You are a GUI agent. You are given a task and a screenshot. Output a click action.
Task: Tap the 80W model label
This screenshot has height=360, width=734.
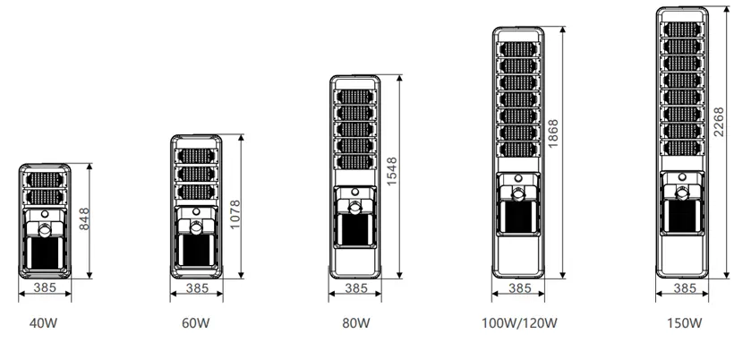(x=356, y=322)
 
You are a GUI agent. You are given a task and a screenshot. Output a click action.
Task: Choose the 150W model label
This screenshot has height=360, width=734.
(x=684, y=322)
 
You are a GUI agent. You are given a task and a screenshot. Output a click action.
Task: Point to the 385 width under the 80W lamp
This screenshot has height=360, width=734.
(x=356, y=289)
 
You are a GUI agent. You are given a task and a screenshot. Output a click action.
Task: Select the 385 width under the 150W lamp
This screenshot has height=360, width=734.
(x=684, y=288)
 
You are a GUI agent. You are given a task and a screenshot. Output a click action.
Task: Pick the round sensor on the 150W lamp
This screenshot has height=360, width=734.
(x=684, y=191)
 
